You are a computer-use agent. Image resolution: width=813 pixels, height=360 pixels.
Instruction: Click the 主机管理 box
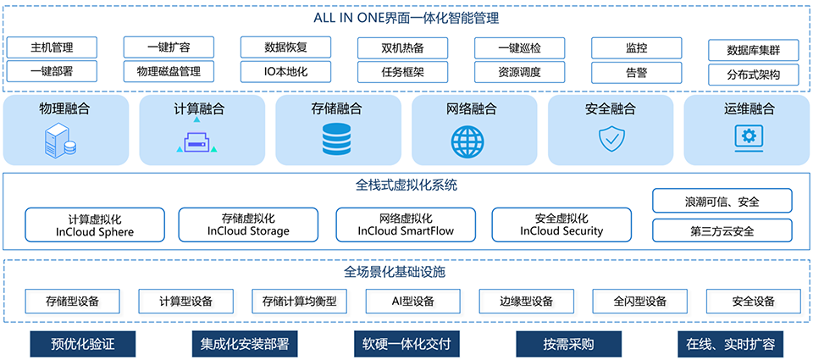tap(52, 47)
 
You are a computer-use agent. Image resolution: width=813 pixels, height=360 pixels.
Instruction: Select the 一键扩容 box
tap(169, 47)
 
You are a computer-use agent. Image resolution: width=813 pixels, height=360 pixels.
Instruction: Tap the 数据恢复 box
tap(285, 47)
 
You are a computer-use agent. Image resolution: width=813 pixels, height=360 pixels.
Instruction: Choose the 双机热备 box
tap(402, 47)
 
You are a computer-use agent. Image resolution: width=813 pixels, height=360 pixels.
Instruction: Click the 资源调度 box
tap(519, 72)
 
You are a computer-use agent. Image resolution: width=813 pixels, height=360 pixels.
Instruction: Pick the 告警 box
tap(636, 72)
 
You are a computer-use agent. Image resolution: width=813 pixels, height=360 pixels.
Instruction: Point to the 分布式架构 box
tap(753, 75)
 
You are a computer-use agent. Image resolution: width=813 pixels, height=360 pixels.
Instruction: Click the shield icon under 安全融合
tap(611, 138)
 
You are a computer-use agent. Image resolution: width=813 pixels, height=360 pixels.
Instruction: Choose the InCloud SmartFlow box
tap(406, 224)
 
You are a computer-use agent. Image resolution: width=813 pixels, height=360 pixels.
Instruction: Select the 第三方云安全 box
tap(722, 230)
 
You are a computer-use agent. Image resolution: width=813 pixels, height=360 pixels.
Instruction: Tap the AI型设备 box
tap(412, 301)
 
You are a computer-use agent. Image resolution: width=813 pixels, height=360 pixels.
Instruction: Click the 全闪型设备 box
tap(640, 301)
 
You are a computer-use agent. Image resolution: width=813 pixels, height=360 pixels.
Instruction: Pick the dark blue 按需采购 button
tap(568, 345)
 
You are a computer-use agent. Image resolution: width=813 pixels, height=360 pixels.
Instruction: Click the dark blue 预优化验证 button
tap(82, 345)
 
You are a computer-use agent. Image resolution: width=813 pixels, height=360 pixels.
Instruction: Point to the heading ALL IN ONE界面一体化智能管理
tap(406, 16)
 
